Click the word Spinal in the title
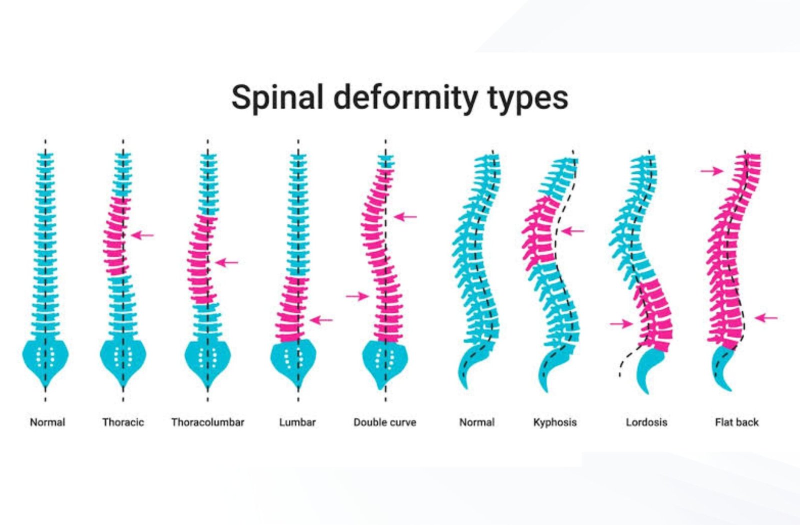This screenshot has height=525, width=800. [x=277, y=97]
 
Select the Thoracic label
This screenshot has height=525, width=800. [x=123, y=422]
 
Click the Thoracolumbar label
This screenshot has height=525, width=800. [x=208, y=422]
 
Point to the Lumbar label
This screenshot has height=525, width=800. [x=297, y=422]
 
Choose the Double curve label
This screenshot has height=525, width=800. [x=385, y=422]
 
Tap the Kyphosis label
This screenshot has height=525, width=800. [x=555, y=422]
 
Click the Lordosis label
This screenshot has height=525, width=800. [x=646, y=422]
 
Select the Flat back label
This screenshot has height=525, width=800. [x=737, y=422]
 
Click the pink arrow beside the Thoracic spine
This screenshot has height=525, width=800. [x=142, y=235]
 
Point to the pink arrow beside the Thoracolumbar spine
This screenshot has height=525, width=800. [x=227, y=262]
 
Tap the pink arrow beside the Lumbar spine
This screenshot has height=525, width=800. [x=321, y=320]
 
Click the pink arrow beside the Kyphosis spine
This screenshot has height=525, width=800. [x=572, y=231]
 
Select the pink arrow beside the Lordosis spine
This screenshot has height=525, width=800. [x=621, y=324]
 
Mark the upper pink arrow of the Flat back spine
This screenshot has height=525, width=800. [x=712, y=171]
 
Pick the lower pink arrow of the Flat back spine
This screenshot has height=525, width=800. [x=766, y=317]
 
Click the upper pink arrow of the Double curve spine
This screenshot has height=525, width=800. [x=405, y=217]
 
